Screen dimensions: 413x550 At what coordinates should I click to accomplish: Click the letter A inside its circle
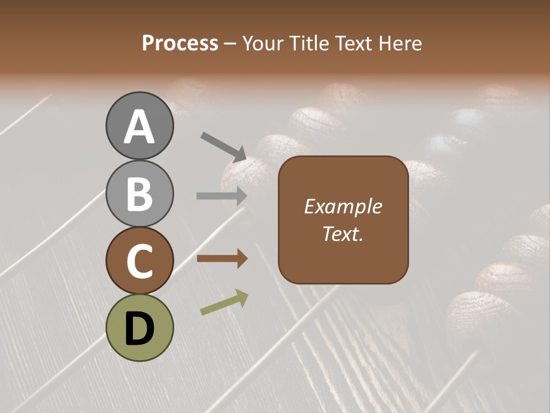point(140,127)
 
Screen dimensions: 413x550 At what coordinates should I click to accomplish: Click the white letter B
point(140,194)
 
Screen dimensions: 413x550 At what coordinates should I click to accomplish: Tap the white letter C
point(140,262)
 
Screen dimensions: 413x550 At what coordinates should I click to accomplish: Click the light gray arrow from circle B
point(222,196)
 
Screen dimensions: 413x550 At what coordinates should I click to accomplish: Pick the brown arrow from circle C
point(222,259)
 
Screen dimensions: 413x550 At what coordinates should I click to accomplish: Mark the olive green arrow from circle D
point(224,302)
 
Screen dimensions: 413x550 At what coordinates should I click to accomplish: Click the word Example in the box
point(343,206)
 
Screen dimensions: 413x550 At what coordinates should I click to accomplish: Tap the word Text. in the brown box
point(343,233)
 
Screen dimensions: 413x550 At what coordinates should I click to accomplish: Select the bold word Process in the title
point(180,44)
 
